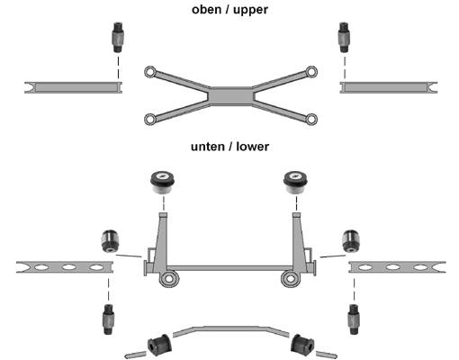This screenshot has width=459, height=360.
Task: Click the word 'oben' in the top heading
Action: point(206,9)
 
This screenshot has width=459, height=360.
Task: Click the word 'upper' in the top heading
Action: point(250,10)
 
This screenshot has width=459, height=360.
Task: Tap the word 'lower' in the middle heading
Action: point(252,147)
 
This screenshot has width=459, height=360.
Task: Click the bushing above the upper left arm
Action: point(118,37)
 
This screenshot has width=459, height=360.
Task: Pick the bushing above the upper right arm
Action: point(344,37)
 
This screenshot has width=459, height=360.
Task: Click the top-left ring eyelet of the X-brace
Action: point(149,72)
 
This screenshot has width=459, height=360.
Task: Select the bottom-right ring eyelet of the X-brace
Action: point(311,119)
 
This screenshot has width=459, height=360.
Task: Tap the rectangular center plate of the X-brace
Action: point(230,96)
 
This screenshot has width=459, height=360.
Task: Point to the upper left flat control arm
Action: point(73,87)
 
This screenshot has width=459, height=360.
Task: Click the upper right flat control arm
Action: point(389,87)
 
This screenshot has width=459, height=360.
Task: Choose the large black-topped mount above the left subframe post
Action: point(163,183)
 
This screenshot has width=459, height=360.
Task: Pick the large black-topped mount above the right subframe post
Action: point(296,183)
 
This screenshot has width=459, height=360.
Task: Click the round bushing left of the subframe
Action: point(110,241)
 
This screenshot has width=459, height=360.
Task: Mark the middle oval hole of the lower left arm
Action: point(68,266)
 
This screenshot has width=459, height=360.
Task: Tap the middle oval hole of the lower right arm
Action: point(392,266)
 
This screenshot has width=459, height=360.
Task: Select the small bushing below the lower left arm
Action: point(109,319)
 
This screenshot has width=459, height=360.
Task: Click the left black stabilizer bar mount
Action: point(159,346)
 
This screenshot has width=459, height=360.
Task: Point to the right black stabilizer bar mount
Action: point(302,346)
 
